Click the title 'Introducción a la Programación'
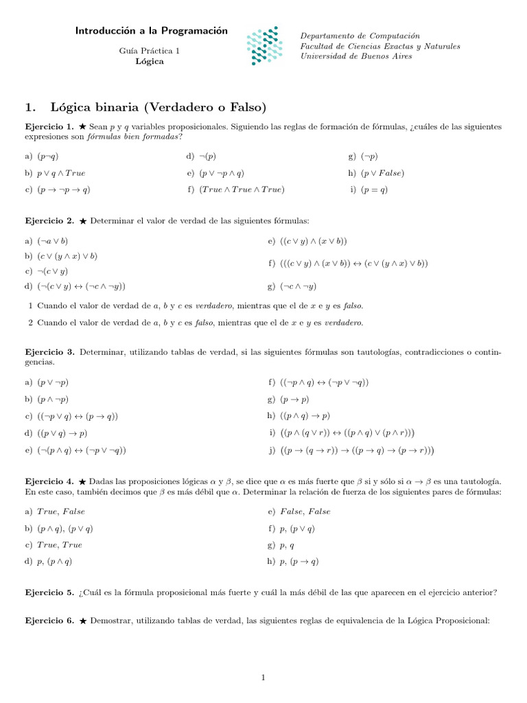tap(151, 31)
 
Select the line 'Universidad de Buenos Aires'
tap(356, 56)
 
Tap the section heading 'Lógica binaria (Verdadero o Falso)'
tap(158, 107)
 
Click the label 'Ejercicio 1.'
tap(49, 127)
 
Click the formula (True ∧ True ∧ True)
tap(242, 190)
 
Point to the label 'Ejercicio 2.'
tap(49, 221)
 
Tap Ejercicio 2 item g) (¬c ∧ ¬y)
tap(298, 286)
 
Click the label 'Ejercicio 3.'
tap(49, 352)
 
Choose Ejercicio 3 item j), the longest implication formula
tap(357, 450)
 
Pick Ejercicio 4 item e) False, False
tap(305, 511)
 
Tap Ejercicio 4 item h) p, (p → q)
tap(299, 562)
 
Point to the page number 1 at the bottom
tap(263, 678)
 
